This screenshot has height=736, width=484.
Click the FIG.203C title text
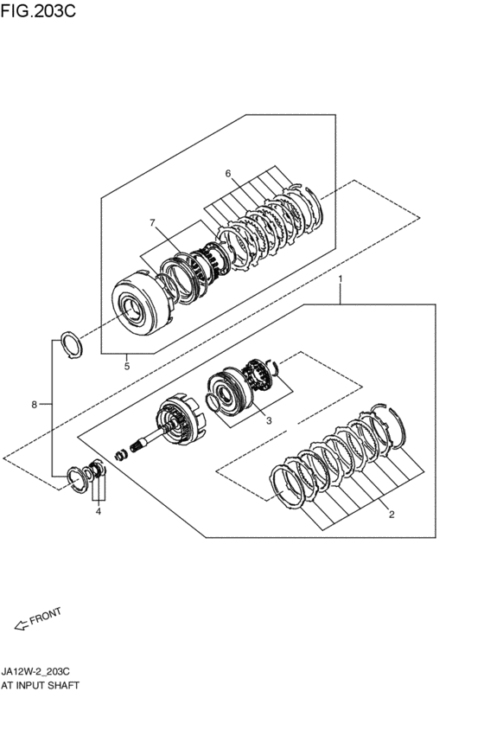38,11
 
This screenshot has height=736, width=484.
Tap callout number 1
341,278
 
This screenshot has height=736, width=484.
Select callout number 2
392,515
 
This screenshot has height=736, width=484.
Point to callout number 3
269,420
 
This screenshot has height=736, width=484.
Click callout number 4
99,512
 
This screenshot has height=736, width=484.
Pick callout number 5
127,366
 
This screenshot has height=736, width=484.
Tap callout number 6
228,174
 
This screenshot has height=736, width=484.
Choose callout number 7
152,222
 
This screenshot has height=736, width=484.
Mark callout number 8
34,404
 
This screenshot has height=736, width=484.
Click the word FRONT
46,617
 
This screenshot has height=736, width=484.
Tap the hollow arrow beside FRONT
22,625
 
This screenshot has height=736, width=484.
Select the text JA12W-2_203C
35,672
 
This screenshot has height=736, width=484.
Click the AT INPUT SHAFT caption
41,685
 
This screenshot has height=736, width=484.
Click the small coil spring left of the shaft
122,454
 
